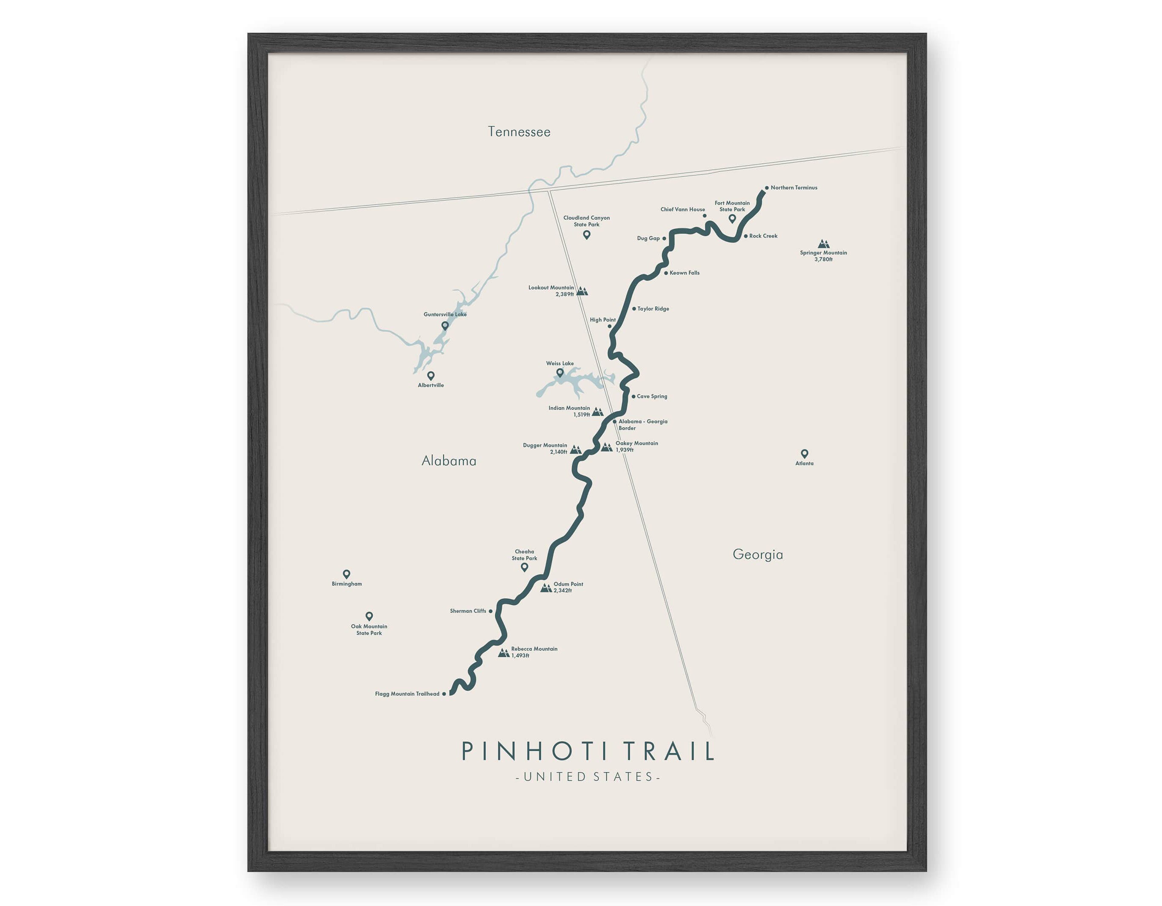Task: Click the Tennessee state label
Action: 519,132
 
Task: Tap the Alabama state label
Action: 448,461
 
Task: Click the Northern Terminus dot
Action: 766,188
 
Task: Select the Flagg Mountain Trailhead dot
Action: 444,694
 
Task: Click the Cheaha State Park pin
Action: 524,567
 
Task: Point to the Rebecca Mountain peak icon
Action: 503,653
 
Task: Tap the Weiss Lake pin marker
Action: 560,373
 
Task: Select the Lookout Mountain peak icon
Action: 582,291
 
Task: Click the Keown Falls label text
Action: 684,273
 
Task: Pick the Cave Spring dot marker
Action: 633,396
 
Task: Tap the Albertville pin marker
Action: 431,376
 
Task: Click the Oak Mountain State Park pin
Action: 369,616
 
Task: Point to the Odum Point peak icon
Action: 546,588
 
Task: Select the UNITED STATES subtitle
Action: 588,777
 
